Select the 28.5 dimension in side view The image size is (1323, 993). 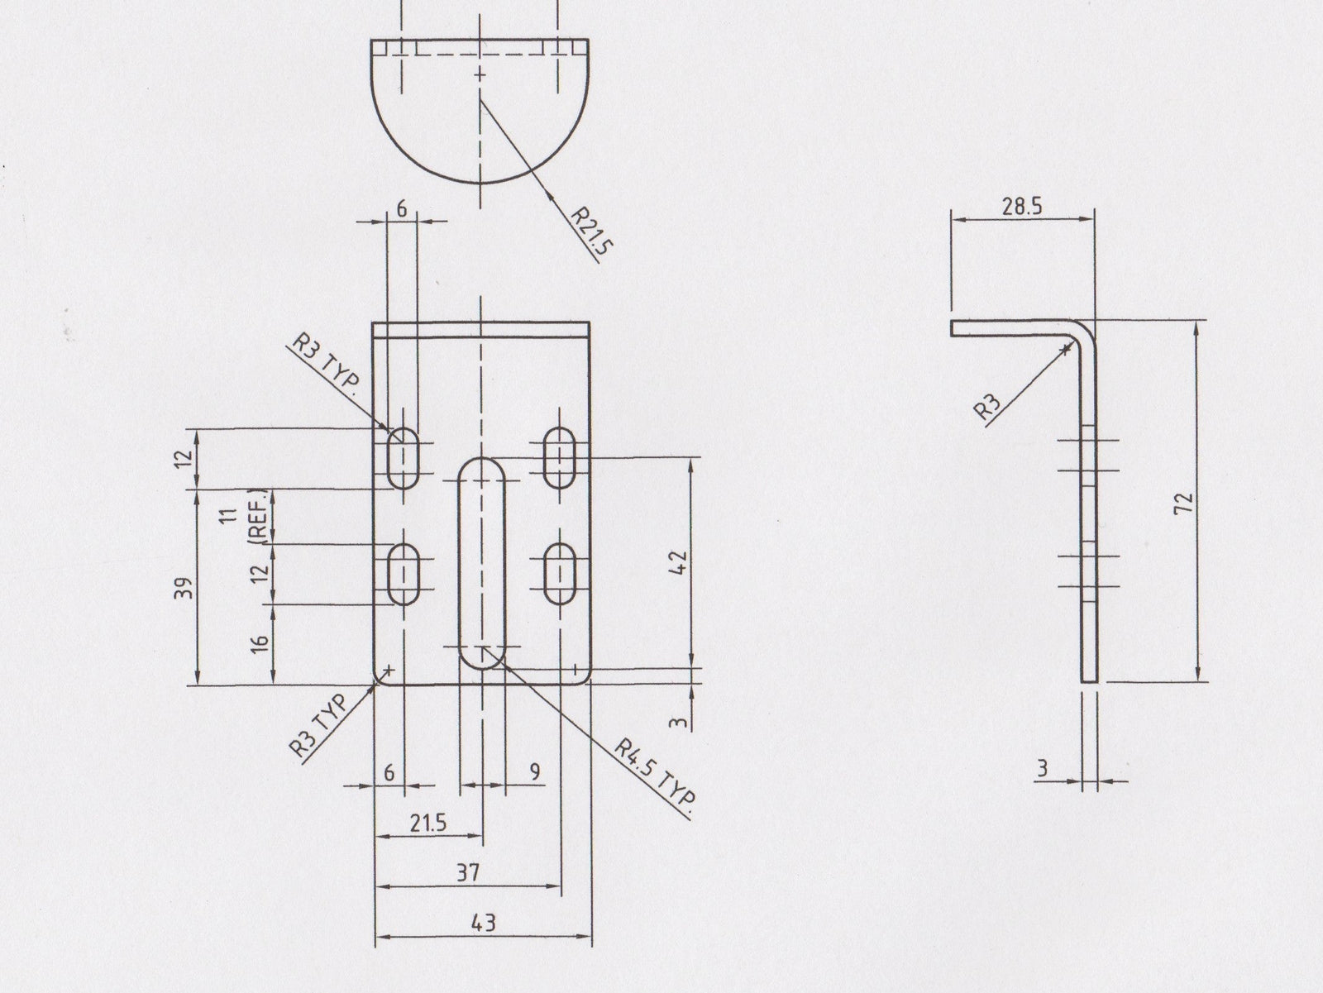tap(1021, 207)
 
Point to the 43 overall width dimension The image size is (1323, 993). tap(484, 923)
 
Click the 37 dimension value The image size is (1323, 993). tap(468, 871)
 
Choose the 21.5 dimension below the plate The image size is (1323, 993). tap(428, 823)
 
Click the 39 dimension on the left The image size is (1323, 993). tap(185, 588)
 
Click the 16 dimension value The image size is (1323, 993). tap(259, 644)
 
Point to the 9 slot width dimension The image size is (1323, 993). tap(535, 771)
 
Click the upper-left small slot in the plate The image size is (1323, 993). tap(404, 457)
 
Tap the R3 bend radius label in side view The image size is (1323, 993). tap(988, 406)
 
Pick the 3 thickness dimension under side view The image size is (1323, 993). tap(1043, 768)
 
